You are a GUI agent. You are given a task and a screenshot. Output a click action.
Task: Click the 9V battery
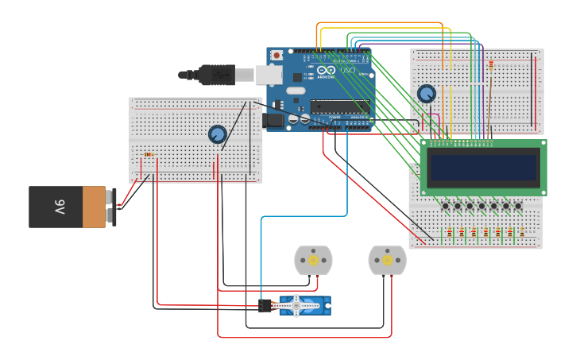click(68, 207)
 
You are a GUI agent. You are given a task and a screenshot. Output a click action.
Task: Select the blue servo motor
click(304, 305)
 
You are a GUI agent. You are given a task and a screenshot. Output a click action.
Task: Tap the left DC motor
click(313, 260)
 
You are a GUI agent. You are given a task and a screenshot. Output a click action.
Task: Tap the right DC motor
click(387, 260)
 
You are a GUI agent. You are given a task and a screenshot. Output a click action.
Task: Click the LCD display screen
click(483, 168)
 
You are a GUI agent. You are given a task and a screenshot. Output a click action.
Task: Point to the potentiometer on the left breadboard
click(217, 134)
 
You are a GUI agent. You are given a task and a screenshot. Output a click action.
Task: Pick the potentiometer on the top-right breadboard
click(427, 94)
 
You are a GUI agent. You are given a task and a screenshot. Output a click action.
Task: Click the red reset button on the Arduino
click(276, 55)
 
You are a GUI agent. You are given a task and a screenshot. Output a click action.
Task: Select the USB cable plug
click(215, 75)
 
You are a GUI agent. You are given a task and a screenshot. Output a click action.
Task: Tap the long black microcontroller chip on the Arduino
click(339, 106)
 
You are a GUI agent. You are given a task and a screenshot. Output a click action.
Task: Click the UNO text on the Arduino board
click(348, 71)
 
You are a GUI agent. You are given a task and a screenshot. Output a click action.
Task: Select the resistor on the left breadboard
click(148, 155)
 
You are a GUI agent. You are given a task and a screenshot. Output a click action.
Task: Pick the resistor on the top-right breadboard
click(490, 64)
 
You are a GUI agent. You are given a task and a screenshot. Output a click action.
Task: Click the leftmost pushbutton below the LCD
click(445, 207)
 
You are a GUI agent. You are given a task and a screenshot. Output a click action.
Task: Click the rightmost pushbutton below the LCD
click(518, 207)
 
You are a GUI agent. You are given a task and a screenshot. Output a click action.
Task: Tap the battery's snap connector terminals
click(114, 207)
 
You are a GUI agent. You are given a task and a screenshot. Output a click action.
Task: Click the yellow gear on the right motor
click(388, 260)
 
